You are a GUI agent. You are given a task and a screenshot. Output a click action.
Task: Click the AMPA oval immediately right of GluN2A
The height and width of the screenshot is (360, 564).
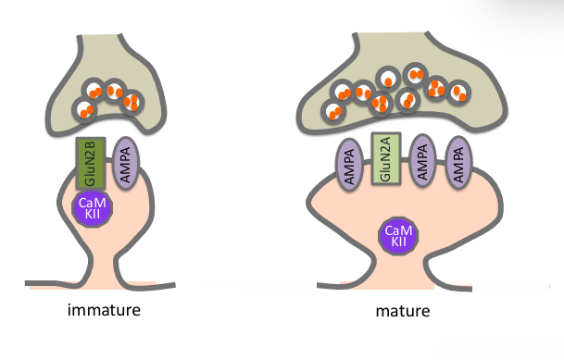[x=421, y=161]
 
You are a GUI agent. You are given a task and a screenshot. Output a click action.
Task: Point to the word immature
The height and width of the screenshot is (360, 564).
[x=104, y=310]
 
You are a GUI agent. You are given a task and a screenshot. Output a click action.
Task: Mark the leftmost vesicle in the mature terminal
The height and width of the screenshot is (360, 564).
[x=332, y=111]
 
